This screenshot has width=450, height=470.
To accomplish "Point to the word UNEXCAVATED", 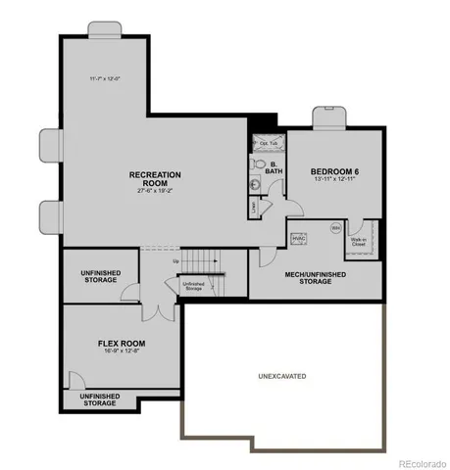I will pyautogui.click(x=280, y=375).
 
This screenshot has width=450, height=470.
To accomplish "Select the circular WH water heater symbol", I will pyautogui.click(x=334, y=229).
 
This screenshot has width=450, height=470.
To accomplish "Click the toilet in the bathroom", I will pyautogui.click(x=257, y=181).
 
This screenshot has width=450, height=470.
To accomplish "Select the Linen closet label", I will pyautogui.click(x=255, y=207).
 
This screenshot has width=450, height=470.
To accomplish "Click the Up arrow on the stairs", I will pyautogui.click(x=176, y=261).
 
